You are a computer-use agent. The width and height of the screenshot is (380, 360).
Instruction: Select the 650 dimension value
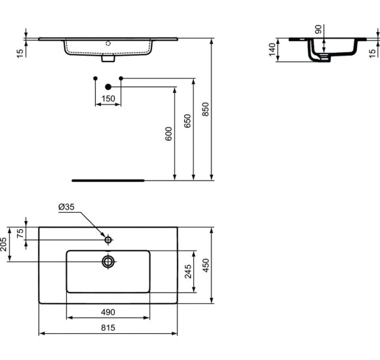(187, 121)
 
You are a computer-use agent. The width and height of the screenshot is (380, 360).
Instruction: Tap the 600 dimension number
(168, 134)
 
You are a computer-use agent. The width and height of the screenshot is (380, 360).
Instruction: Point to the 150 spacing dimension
(108, 99)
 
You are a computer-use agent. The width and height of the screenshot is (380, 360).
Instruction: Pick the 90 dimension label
(318, 29)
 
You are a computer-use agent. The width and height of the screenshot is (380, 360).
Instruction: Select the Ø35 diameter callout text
(67, 207)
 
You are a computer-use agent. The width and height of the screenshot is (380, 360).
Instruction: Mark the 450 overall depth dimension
(206, 265)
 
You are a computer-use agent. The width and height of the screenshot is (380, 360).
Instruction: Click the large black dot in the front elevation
(109, 86)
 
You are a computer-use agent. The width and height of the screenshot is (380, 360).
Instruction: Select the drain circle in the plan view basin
(108, 262)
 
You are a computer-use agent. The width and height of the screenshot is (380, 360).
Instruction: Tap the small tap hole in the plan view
(109, 239)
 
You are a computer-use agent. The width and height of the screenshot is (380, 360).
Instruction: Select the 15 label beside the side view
(372, 52)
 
